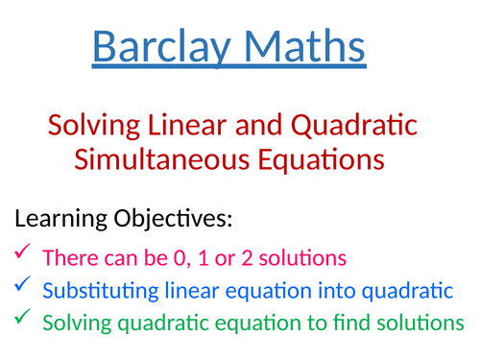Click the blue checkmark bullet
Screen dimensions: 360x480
click(22, 287)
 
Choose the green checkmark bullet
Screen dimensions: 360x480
click(22, 320)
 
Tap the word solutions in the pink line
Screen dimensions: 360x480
click(291, 257)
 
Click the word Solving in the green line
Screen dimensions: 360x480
click(74, 323)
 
